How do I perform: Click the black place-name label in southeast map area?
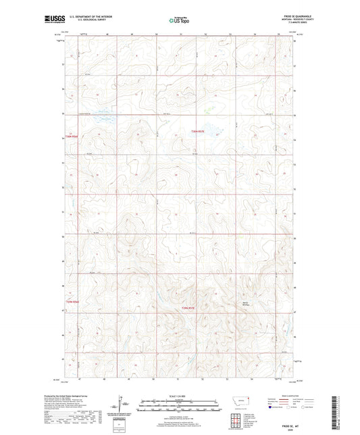pos(265,303)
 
